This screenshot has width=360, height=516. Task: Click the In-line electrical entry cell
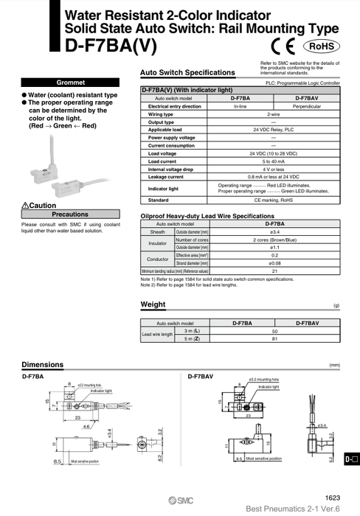tap(240, 106)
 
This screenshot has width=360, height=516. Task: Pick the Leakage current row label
tap(166, 177)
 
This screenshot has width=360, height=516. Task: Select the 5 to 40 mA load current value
tap(273, 161)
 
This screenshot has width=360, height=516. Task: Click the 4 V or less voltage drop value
tap(273, 169)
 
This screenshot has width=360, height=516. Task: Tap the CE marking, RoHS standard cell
tap(273, 200)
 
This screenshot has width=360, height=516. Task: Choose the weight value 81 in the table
tap(273, 339)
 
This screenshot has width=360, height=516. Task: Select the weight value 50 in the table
tap(273, 331)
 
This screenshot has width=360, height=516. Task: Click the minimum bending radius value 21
tap(274, 271)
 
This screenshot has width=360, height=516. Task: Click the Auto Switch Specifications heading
tap(187, 73)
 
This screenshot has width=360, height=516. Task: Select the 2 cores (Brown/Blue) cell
tap(274, 240)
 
